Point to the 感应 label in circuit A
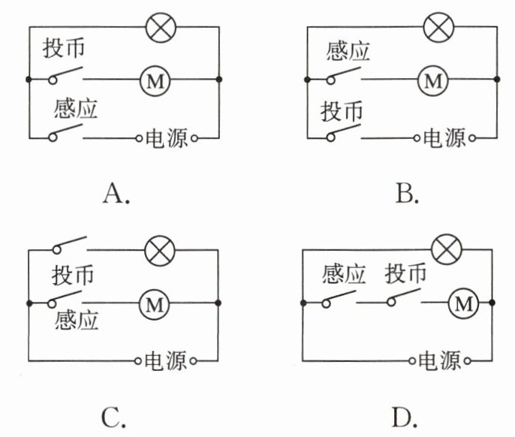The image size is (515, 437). click(76, 109)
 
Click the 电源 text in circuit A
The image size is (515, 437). click(167, 138)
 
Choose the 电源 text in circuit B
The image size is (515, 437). click(445, 138)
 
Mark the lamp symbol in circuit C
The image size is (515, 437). click(158, 248)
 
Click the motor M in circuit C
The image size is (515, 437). click(155, 304)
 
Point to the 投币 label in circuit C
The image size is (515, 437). click(73, 275)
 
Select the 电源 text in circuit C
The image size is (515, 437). click(167, 359)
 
